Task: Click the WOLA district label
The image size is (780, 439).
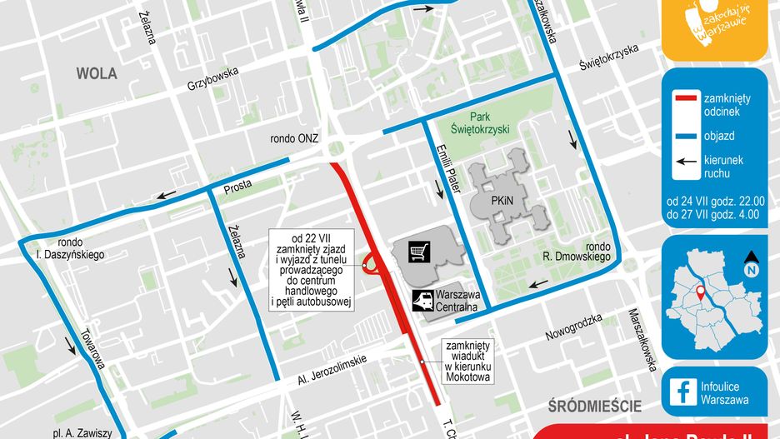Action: [97, 73]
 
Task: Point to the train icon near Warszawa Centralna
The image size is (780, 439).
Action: [423, 299]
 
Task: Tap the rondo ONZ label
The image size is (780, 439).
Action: [294, 139]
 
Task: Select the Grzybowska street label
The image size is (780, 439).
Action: [212, 78]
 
